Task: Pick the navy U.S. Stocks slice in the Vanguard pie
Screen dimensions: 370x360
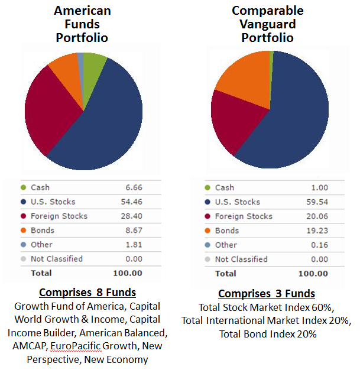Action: (x=290, y=118)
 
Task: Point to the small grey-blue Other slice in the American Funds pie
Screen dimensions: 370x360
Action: (x=80, y=57)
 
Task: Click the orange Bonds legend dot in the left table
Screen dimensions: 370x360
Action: (x=23, y=231)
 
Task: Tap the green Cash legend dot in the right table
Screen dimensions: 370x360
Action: (x=207, y=188)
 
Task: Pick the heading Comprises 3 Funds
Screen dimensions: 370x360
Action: (x=267, y=294)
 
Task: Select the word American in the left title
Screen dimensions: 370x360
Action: (x=82, y=11)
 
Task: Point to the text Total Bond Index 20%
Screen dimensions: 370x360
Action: (x=267, y=333)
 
